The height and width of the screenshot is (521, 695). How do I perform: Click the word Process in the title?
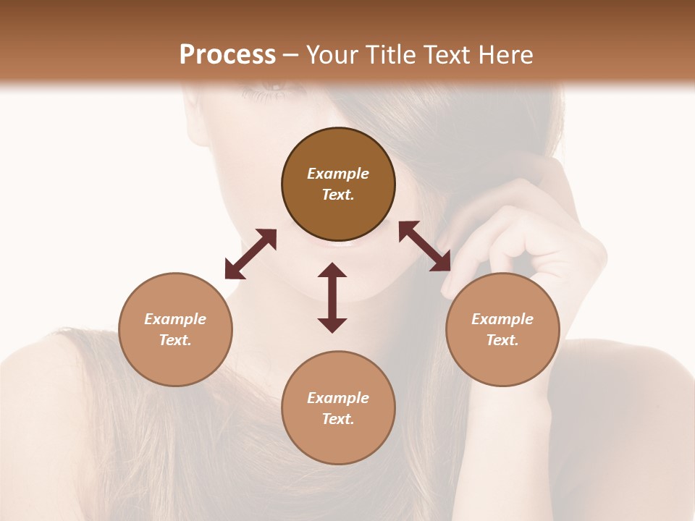pyautogui.click(x=227, y=55)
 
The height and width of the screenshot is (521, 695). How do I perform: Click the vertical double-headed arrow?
pyautogui.click(x=332, y=297)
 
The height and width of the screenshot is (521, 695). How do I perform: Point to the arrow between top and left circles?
pyautogui.click(x=250, y=254)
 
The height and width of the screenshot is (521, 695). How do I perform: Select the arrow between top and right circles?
pyautogui.click(x=425, y=246)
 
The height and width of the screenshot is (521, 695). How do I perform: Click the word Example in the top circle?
pyautogui.click(x=338, y=174)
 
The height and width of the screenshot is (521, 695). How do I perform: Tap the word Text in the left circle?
pyautogui.click(x=175, y=340)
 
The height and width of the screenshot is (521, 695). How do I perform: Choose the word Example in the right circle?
pyautogui.click(x=502, y=319)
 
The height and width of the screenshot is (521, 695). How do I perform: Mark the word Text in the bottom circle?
pyautogui.click(x=338, y=419)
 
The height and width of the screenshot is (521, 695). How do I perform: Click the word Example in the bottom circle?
pyautogui.click(x=338, y=398)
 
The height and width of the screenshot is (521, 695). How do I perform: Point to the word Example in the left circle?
pyautogui.click(x=175, y=319)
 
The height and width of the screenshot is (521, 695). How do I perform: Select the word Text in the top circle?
pyautogui.click(x=338, y=195)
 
